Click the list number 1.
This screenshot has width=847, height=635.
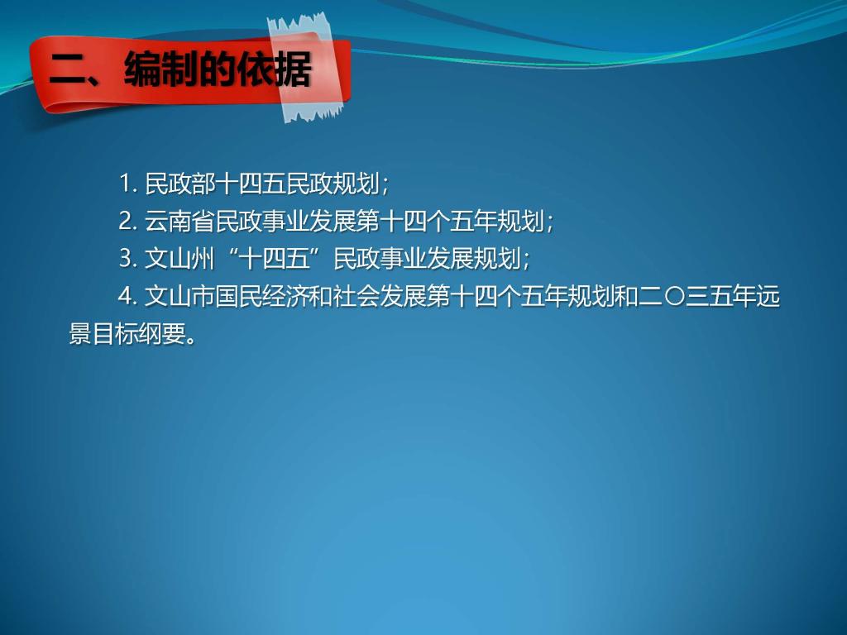coord(128,184)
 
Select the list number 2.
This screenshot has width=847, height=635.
coord(128,222)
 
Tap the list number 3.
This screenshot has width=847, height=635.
coord(128,259)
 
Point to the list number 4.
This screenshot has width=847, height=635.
coord(128,297)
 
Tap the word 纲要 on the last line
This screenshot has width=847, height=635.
coord(163,334)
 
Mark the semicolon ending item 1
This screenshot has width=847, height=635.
coord(385,186)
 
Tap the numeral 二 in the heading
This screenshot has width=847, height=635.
coord(68,71)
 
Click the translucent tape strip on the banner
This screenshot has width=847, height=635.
coord(307,68)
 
